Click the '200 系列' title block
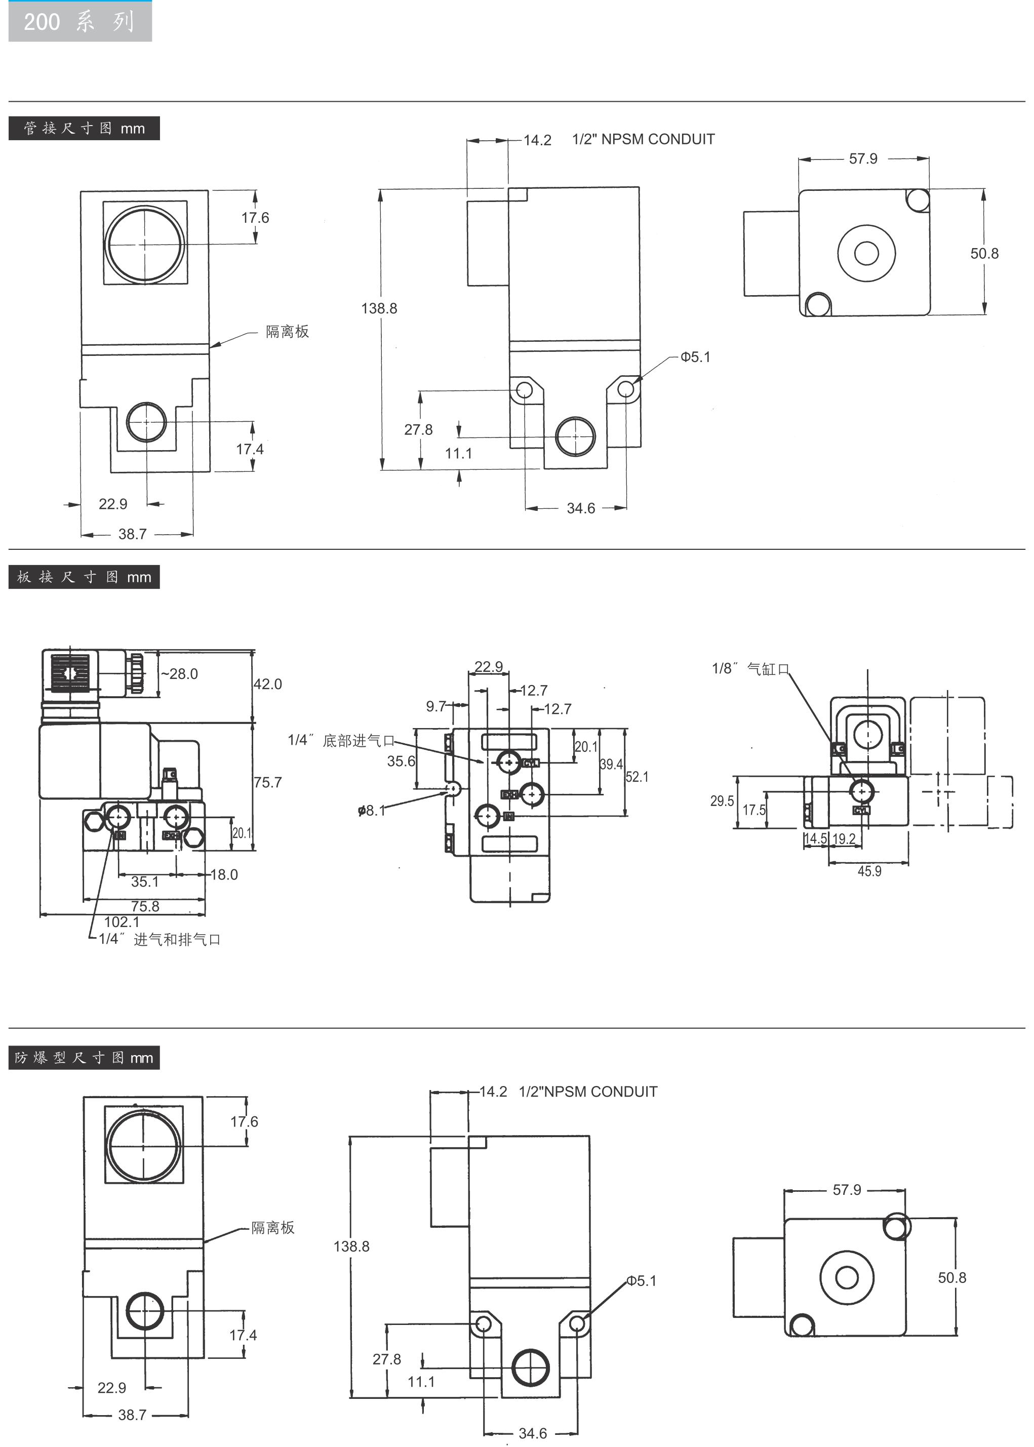tap(79, 22)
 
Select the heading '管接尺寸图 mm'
tap(84, 129)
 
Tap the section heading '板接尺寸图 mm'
tap(84, 577)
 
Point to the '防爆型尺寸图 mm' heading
tap(84, 1057)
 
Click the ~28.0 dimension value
tap(180, 673)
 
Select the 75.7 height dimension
tap(267, 782)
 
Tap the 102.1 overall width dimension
tap(122, 921)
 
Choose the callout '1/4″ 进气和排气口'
tap(159, 939)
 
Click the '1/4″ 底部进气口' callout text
tap(341, 740)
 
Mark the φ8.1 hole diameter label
tap(372, 811)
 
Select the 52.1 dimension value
tap(637, 777)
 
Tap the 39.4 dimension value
tap(611, 764)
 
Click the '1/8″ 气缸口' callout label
tap(750, 668)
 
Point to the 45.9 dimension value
tap(869, 871)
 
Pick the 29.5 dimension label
tap(722, 801)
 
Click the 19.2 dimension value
tap(844, 838)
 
